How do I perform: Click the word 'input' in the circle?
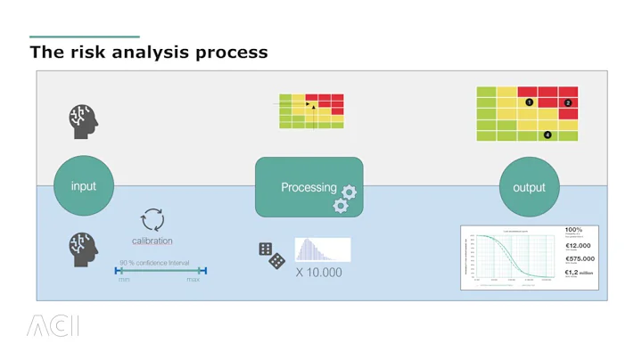point(84,186)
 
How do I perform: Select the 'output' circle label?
point(529,187)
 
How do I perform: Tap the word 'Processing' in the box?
point(309,187)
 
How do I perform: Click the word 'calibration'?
point(152,241)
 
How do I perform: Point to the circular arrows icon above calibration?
point(152,220)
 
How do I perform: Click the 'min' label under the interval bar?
point(124,280)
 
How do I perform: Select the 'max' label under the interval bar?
point(193,280)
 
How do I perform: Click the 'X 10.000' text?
point(318,272)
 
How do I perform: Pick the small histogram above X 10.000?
point(322,250)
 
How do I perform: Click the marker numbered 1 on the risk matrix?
point(529,102)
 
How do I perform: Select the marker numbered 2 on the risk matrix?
point(568,103)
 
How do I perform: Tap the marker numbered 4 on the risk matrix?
point(547,135)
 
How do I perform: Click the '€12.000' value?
point(578,246)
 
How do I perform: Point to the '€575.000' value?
point(580,259)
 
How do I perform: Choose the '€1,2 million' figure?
point(579,273)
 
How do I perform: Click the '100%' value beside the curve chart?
point(573,230)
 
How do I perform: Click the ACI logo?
point(53,326)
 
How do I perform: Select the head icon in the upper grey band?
point(82,121)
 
